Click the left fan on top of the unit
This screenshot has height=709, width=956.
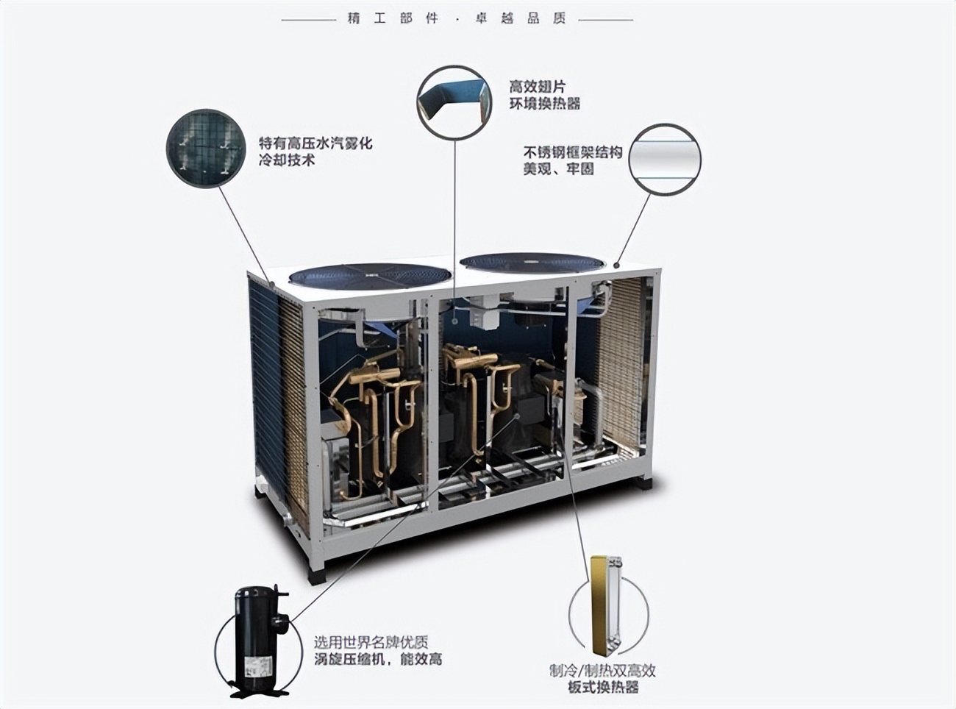pos(369,276)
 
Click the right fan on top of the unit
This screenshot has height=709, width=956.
pos(532,262)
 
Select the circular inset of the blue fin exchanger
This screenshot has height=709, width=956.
pos(454,101)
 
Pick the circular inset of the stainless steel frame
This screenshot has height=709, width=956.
pos(665,159)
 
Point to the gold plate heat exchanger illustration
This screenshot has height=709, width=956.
pos(604,605)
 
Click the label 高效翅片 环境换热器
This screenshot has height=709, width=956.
pos(544,95)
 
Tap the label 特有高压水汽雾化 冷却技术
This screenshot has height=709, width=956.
pos(315,151)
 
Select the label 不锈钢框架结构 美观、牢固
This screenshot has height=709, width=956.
pos(572,160)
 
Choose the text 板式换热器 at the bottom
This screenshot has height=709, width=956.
pos(602,688)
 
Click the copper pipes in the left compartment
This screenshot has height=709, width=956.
pos(371,412)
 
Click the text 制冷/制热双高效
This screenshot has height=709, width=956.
pos(602,670)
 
